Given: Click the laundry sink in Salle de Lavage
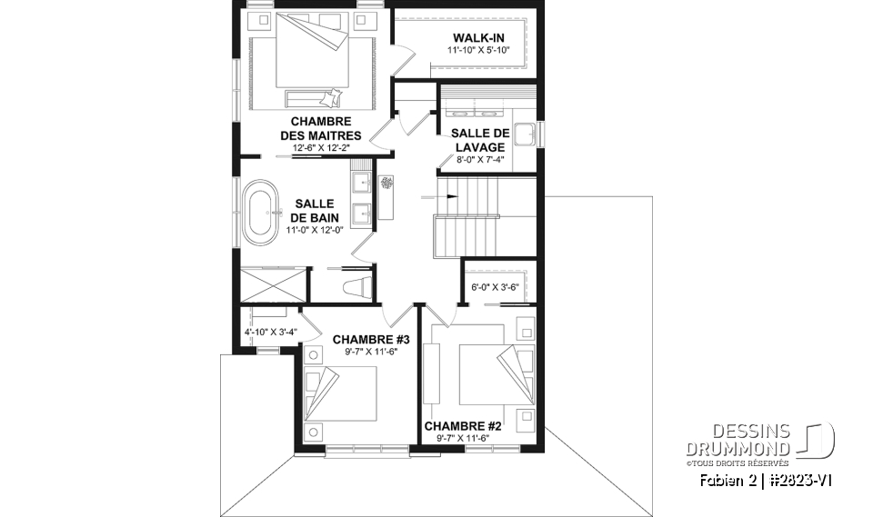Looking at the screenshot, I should tap(525, 134).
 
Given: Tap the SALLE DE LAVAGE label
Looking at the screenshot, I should tap(479, 140).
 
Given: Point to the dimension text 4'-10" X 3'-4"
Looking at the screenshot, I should tap(270, 332).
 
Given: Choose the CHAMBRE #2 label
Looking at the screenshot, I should tap(463, 425).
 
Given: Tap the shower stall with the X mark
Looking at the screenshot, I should tap(272, 283).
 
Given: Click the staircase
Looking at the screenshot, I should tap(468, 218).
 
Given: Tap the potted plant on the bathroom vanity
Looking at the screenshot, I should tap(386, 182).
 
